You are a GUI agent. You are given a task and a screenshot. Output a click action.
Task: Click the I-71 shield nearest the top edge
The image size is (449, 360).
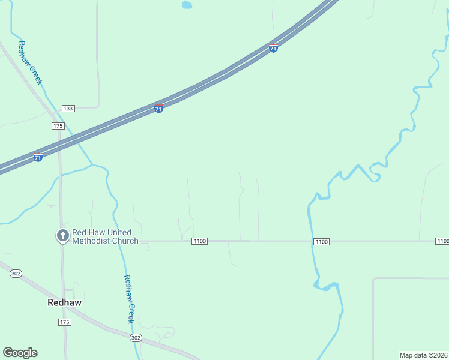click(273, 47)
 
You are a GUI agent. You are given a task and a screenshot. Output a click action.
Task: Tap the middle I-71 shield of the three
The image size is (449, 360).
click(158, 108)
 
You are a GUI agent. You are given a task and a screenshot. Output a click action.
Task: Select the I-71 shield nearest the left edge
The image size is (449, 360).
click(38, 157)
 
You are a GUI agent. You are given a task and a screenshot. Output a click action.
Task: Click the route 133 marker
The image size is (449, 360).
click(68, 108)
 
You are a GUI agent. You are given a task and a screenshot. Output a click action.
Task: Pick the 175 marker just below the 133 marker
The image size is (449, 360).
click(58, 125)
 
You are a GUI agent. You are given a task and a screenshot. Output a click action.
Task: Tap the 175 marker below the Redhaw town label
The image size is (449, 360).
click(65, 322)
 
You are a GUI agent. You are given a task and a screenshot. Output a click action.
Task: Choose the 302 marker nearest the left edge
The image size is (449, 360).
click(16, 274)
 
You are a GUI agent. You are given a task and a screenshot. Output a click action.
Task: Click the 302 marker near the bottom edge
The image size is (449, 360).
click(136, 338)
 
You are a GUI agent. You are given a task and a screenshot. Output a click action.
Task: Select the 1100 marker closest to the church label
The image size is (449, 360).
click(200, 241)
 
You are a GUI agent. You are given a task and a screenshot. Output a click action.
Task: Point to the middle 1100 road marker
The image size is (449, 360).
click(321, 241)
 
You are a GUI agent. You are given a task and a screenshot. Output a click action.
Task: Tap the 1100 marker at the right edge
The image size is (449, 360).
click(442, 241)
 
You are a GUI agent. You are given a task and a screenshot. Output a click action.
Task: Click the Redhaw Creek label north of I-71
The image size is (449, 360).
click(29, 62)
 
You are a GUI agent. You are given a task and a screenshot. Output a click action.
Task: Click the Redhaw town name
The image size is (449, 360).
click(64, 303)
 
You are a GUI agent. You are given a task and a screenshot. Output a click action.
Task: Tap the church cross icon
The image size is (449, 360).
click(62, 236)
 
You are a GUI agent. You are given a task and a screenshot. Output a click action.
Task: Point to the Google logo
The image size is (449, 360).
click(20, 353)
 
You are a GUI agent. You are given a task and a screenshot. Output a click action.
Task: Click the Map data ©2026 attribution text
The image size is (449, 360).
click(423, 355)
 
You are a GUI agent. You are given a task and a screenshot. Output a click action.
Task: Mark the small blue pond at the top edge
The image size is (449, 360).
click(187, 5)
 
